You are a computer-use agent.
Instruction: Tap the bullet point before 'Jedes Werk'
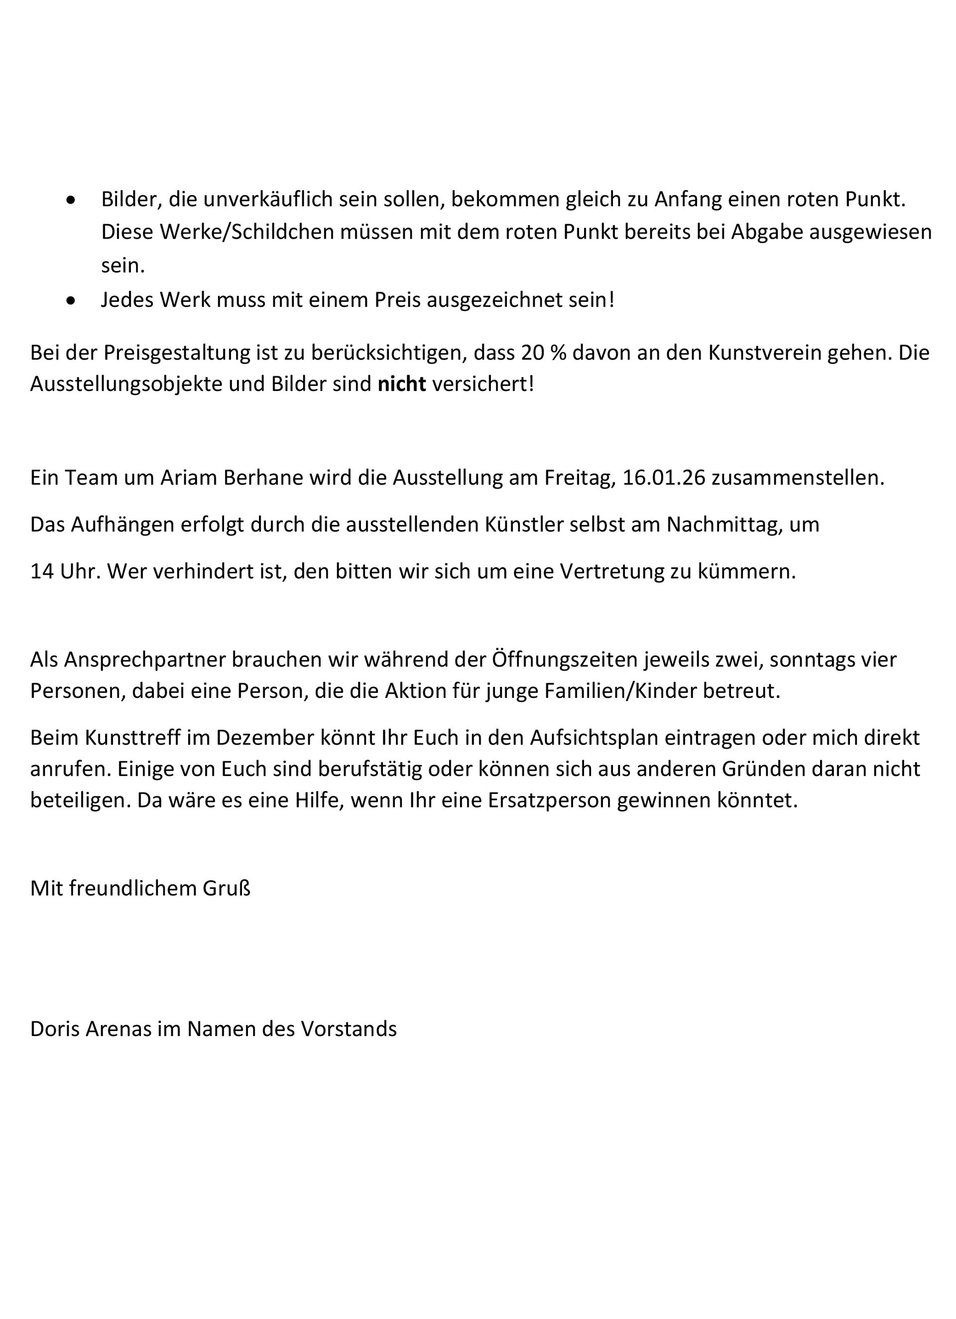(71, 301)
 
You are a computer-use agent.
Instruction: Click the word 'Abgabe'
(766, 232)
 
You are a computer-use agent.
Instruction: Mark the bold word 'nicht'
(402, 384)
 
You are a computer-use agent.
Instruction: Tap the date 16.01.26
(663, 478)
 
